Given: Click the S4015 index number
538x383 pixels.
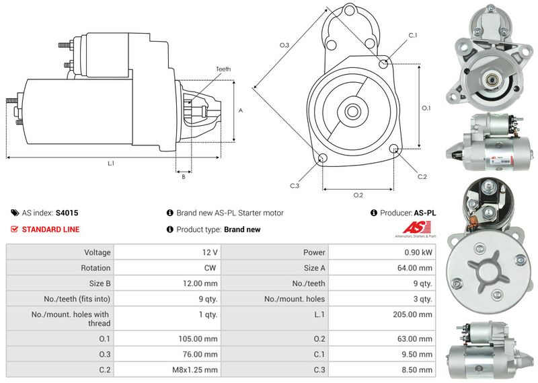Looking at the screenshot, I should pos(67,213).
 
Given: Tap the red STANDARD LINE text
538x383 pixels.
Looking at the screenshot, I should pos(50,230).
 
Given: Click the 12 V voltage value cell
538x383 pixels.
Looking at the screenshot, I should pos(209,252).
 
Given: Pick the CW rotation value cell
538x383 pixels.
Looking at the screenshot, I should pos(210,268).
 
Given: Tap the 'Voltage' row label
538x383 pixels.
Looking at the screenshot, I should pos(98,252).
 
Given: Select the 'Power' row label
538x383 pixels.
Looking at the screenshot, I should pos(314,252).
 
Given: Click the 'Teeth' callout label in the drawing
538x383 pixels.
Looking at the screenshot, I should pos(223,69).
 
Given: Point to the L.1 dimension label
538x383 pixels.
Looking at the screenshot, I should pos(111,164).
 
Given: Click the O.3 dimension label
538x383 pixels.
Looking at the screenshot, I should pos(284,45).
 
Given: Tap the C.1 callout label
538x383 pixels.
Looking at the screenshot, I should pos(412,35).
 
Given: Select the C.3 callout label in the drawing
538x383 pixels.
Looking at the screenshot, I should pos(295,185).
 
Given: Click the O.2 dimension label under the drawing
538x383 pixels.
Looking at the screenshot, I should pos(358,195).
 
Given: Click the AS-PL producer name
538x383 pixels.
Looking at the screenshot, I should pos(425,213).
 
